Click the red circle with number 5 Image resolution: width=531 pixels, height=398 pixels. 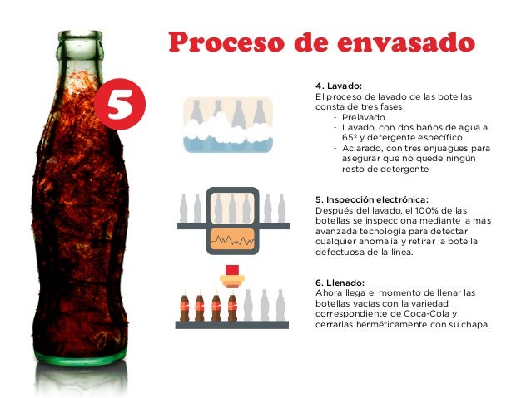(x=120, y=104)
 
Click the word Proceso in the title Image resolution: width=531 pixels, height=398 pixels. (x=226, y=42)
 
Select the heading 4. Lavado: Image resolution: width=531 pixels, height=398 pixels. (x=339, y=86)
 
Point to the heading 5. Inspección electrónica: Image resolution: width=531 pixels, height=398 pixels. (x=372, y=199)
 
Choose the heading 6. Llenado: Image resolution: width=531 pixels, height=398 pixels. (x=340, y=283)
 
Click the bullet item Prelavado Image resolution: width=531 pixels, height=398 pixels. (x=364, y=117)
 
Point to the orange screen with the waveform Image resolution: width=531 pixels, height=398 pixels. (x=232, y=239)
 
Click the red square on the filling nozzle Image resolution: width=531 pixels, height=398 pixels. (x=232, y=270)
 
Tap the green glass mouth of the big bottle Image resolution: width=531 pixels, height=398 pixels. (x=80, y=36)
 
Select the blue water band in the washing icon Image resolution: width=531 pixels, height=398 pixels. (x=228, y=145)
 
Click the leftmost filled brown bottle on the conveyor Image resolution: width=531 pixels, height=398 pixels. (x=185, y=307)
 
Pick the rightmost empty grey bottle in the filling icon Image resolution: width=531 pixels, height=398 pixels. (x=280, y=305)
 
